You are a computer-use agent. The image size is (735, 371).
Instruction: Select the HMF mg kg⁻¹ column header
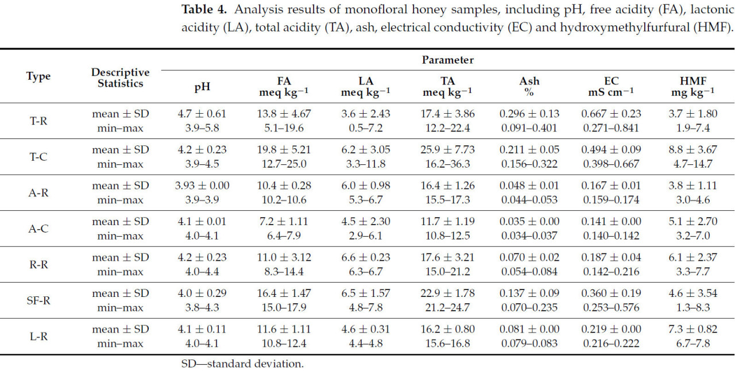(693, 86)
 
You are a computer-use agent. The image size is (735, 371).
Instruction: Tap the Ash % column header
(529, 86)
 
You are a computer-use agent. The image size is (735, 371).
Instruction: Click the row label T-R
(38, 121)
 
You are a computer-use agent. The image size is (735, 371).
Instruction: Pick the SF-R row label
(38, 300)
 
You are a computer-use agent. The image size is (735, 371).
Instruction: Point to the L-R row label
(38, 337)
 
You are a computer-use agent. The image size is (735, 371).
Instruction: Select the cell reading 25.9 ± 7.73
(448, 150)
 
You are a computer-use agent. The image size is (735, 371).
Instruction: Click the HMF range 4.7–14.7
(693, 164)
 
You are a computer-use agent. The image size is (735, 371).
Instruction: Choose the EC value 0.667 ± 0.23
(611, 114)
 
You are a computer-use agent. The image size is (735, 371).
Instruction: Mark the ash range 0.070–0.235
(529, 307)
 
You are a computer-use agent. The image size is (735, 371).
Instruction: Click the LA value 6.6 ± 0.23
(365, 257)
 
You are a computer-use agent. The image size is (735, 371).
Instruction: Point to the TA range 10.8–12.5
(448, 235)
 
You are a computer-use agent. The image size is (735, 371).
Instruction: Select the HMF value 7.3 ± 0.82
(693, 329)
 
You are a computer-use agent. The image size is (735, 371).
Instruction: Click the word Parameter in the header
(448, 60)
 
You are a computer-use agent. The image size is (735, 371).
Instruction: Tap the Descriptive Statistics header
(120, 78)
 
